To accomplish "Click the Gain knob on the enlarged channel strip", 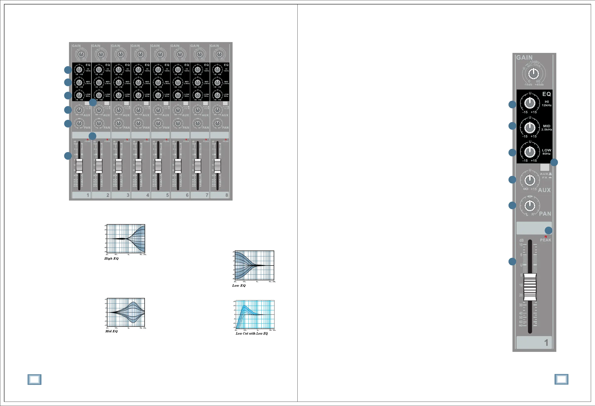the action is tap(534, 74).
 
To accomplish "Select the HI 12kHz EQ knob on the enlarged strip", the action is tap(530, 103).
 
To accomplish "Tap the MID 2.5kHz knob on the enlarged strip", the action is tap(530, 127).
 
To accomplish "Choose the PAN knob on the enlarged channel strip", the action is tap(530, 205).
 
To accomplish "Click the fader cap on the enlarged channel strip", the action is tap(530, 287).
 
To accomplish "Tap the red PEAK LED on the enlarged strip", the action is tap(545, 237).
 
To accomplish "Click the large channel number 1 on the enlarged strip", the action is tap(546, 343).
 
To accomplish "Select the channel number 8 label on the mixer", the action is tap(227, 195).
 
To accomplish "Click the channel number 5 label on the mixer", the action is tap(168, 195).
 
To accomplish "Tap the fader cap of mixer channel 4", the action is tap(138, 166).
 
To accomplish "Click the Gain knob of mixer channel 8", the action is tap(219, 54).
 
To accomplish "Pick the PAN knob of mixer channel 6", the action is tap(178, 124).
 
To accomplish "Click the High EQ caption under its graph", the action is tap(111, 258).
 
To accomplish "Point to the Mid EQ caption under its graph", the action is tap(111, 331).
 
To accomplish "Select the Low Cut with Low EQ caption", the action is tap(252, 333).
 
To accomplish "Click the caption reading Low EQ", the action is tap(238, 286).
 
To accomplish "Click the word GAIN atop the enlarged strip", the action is tap(524, 58).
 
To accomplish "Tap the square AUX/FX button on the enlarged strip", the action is tap(544, 168).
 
